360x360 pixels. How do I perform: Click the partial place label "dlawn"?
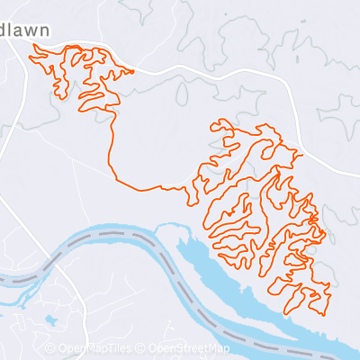tap(25, 29)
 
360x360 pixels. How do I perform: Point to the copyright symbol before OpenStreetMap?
tap(142, 348)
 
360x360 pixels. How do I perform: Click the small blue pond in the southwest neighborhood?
tap(49, 319)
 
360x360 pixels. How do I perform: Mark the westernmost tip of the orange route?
tap(30, 58)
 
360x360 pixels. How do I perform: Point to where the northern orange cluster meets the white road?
tap(130, 69)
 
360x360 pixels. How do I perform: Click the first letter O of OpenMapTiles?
tap(61, 348)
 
